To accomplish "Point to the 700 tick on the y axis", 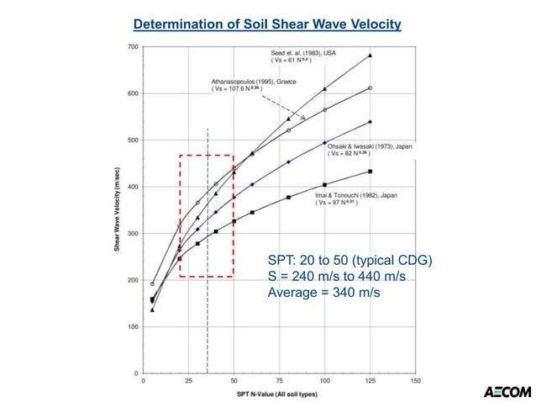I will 133,47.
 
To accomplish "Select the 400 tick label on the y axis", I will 133,187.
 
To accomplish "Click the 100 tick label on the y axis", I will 133,326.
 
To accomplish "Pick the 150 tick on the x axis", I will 415,380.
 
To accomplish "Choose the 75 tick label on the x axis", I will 279,380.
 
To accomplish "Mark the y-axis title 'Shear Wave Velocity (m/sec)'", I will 116,210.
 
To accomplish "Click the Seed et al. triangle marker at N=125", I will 370,56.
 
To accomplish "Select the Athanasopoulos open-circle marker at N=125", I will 370,87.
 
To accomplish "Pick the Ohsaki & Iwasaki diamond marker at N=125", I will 370,122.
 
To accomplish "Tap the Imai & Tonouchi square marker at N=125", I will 370,172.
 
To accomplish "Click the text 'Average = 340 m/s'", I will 323,292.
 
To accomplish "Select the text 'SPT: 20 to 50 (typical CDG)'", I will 349,261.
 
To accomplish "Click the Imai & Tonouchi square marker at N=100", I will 325,184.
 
